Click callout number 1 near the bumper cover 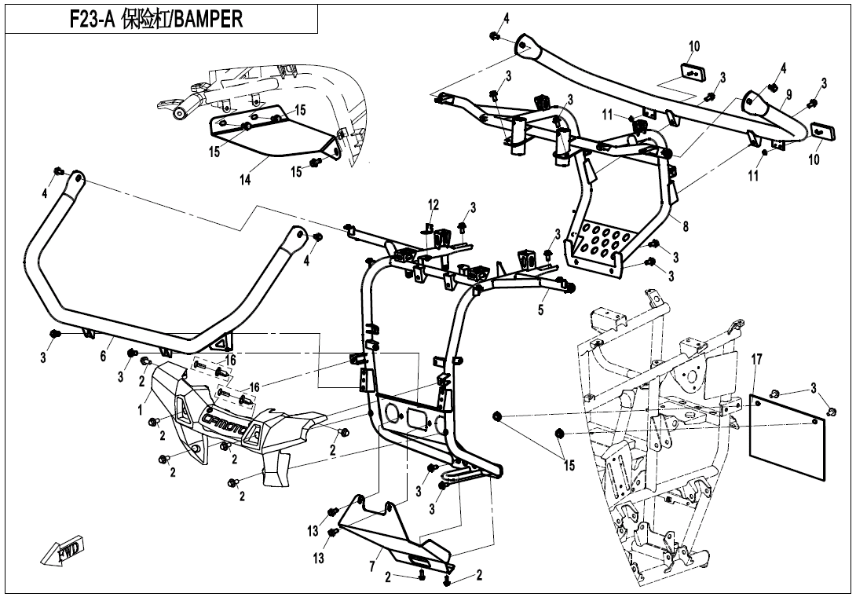click(141, 409)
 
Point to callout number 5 click(540, 309)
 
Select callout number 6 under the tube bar click(103, 355)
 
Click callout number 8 click(686, 227)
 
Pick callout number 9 click(788, 95)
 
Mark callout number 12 click(433, 206)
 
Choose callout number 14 click(245, 180)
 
